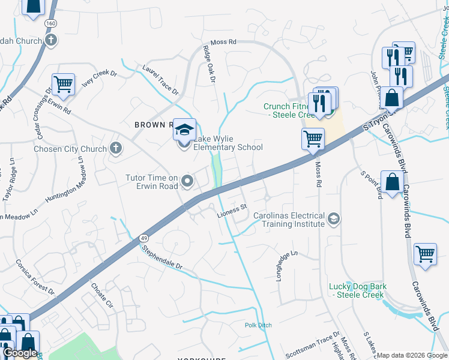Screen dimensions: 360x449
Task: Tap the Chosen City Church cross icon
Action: pyautogui.click(x=115, y=148)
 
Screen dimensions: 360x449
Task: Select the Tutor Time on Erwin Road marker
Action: pyautogui.click(x=187, y=180)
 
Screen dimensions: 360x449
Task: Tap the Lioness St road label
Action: pyautogui.click(x=232, y=209)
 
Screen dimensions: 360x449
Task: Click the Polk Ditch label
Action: pyautogui.click(x=258, y=325)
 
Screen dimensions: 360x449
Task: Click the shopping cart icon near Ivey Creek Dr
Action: pyautogui.click(x=62, y=84)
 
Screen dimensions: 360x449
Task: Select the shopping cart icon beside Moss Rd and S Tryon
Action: pyautogui.click(x=313, y=139)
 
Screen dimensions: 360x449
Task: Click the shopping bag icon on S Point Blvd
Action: pyautogui.click(x=392, y=182)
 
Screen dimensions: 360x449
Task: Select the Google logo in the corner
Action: pyautogui.click(x=20, y=353)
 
